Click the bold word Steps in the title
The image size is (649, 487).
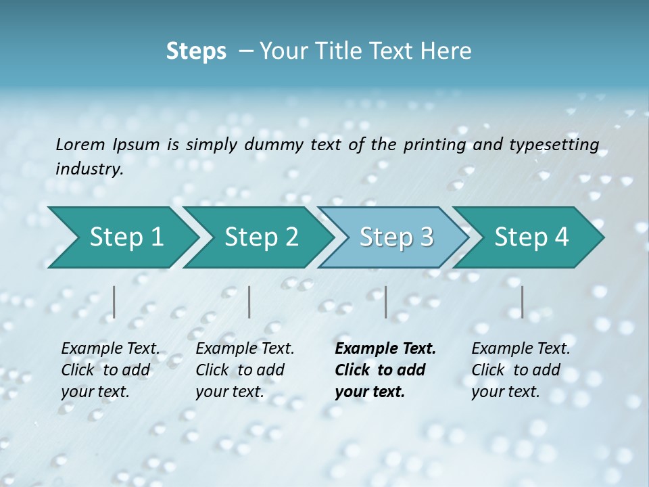(196, 51)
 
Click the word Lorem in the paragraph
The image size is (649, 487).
(80, 144)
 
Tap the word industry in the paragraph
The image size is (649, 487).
(89, 168)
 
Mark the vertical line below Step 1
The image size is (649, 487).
(114, 302)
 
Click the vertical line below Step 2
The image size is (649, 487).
(249, 302)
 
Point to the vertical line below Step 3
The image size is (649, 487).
(386, 302)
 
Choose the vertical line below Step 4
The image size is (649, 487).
(523, 302)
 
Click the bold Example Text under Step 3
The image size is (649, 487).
(385, 349)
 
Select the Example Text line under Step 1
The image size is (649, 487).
(110, 349)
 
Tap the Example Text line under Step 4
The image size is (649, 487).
(521, 349)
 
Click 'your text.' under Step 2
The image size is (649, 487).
(229, 392)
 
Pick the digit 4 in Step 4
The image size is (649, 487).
(561, 237)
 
